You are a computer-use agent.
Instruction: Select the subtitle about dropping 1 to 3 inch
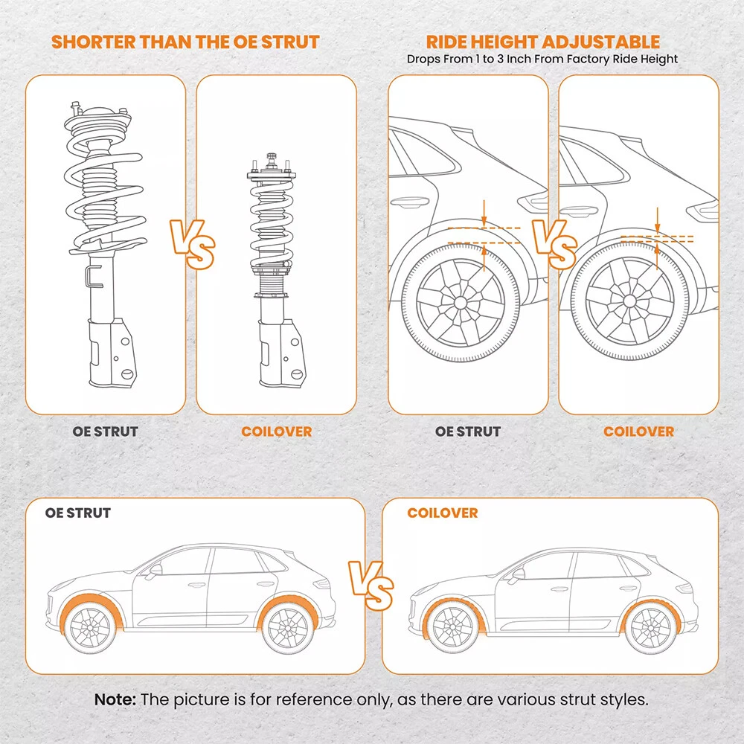point(542,59)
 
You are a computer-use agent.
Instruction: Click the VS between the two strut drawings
point(193,243)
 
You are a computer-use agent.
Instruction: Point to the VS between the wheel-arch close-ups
point(554,243)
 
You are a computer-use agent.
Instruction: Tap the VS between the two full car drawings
point(371,583)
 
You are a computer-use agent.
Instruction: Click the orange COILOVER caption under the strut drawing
point(276,432)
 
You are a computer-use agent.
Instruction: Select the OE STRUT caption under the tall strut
point(106,432)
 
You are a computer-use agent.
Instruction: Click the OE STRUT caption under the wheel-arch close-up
point(468,432)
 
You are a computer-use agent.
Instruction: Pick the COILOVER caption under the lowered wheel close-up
point(638,432)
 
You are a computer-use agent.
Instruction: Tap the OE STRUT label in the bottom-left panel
point(78,513)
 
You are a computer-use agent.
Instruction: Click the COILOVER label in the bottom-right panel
point(442,513)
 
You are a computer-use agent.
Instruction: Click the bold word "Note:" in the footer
point(115,699)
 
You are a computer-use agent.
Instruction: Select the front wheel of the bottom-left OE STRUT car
point(92,629)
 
